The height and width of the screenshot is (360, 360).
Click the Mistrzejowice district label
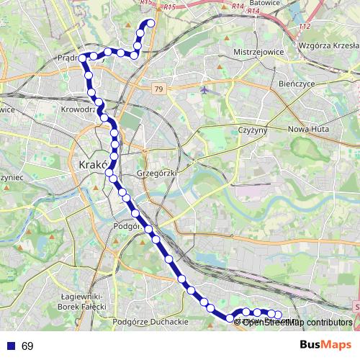[x=258, y=53]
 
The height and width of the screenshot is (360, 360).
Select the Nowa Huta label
[x=307, y=129]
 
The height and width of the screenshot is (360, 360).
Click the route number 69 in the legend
[x=27, y=346]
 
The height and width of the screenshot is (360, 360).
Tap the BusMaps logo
[x=325, y=346]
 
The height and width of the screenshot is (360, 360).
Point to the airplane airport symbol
[x=206, y=90]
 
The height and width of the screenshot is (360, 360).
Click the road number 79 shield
[x=158, y=88]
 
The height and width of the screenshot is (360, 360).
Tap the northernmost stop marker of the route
[x=151, y=23]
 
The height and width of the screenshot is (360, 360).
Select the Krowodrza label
[x=78, y=109]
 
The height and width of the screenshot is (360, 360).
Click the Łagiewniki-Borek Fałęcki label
[x=84, y=301]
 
